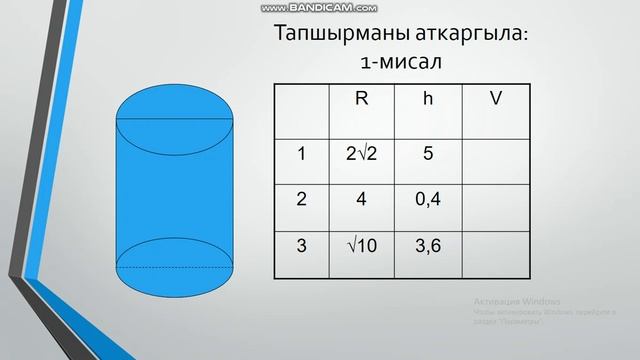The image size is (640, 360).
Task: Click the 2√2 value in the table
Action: [361, 154]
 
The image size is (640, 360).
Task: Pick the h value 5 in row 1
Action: [427, 154]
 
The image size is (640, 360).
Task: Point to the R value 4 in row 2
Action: [361, 198]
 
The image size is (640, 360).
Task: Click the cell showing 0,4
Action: [428, 198]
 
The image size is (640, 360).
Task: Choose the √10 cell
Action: [361, 244]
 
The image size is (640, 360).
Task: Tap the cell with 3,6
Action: [428, 244]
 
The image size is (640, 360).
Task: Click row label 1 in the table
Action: [302, 154]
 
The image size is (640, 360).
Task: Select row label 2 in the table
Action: [302, 198]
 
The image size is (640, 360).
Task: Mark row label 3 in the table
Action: [302, 244]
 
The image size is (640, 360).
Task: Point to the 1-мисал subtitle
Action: [401, 62]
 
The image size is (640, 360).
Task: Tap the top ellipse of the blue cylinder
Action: [176, 120]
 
